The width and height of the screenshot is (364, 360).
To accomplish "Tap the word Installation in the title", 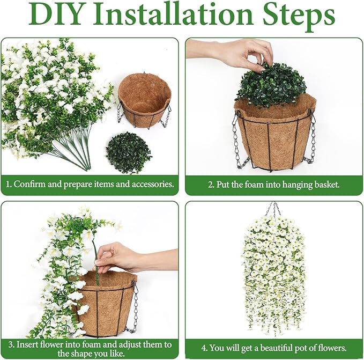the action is pyautogui.click(x=173, y=14).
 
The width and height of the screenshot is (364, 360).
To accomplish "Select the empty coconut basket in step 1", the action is pyautogui.click(x=144, y=99).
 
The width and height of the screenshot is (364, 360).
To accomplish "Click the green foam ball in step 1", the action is pyautogui.click(x=128, y=152).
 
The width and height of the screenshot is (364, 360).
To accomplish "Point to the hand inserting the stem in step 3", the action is pyautogui.click(x=130, y=258).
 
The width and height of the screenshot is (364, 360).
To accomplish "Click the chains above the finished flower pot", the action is pyautogui.click(x=274, y=209).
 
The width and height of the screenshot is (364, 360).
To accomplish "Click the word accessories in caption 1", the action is pyautogui.click(x=153, y=184).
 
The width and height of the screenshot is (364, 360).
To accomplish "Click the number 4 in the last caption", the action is pyautogui.click(x=204, y=348).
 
